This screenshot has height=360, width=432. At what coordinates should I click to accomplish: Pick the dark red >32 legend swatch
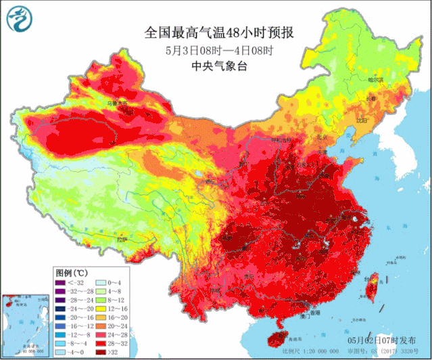pyautogui.click(x=98, y=352)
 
